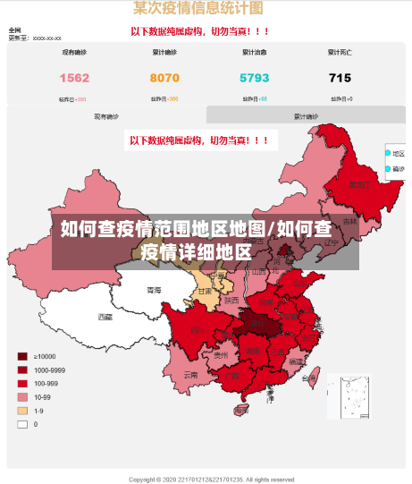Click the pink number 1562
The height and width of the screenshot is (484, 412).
pos(74,78)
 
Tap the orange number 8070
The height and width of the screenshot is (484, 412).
pos(164,78)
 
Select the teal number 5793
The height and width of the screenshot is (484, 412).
pos(255,78)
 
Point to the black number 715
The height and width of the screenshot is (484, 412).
pos(340,78)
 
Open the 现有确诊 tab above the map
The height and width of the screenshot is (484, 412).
pos(105,116)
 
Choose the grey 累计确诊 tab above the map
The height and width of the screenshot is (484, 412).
pos(306,116)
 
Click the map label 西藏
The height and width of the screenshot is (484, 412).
pos(105,317)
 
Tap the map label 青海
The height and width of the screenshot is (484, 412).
pos(154,290)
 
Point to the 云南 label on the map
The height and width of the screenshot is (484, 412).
pos(190,375)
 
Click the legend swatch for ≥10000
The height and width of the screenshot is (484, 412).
pos(21,356)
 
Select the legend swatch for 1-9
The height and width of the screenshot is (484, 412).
pos(21,411)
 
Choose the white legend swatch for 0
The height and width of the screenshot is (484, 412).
pos(21,424)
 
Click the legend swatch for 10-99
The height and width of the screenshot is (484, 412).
pos(21,397)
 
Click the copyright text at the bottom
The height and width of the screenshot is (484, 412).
pos(211,480)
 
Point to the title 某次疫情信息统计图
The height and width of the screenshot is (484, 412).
pos(198,9)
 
